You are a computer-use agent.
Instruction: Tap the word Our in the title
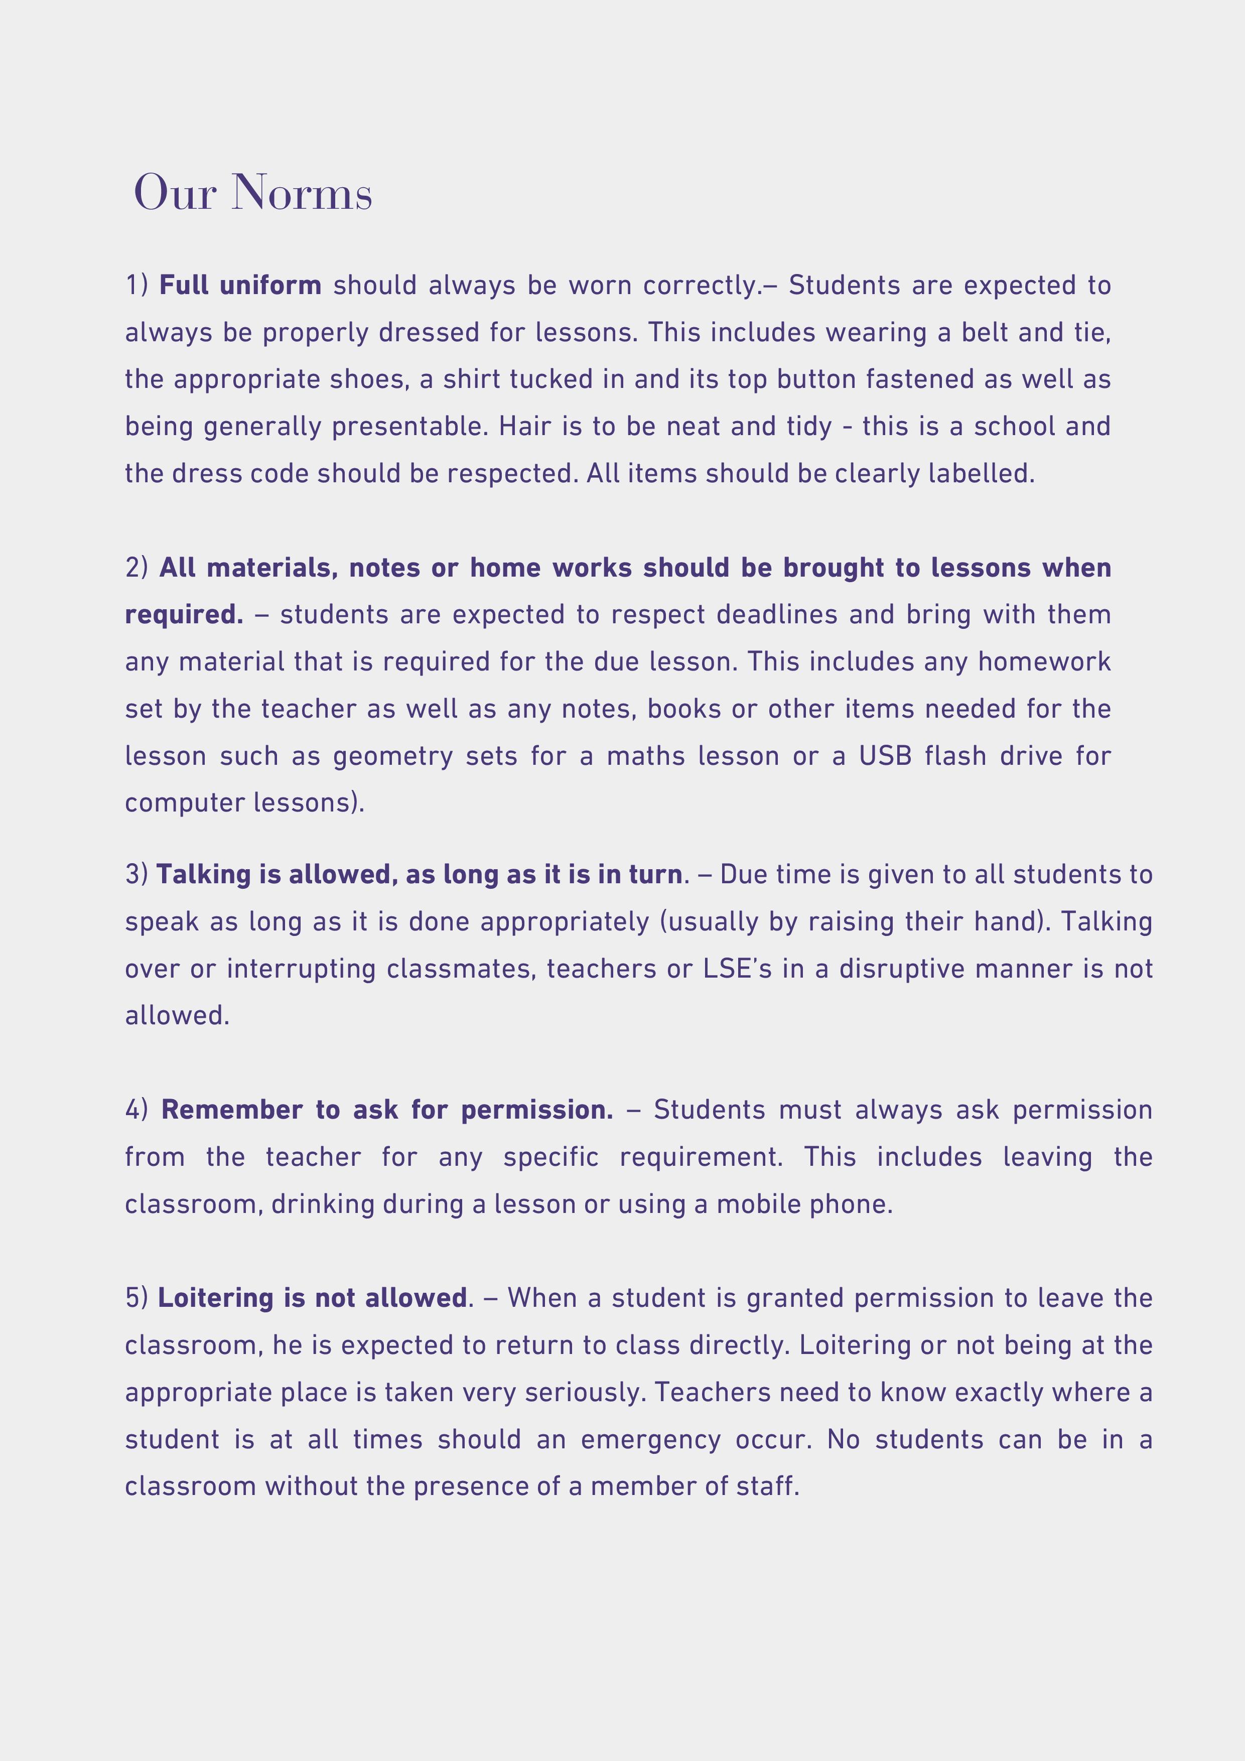tap(175, 193)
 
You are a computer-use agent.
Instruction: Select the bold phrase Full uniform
tap(240, 286)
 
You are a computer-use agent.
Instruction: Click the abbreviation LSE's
tap(737, 969)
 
